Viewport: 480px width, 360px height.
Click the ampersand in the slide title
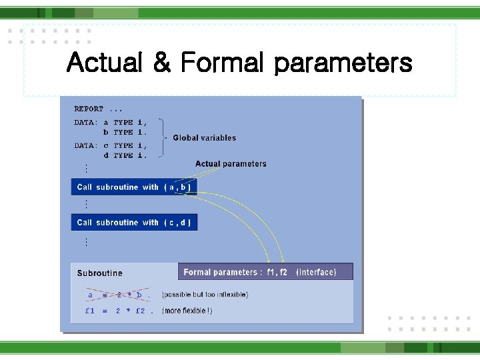click(x=161, y=63)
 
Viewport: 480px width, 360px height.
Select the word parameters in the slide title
click(x=343, y=63)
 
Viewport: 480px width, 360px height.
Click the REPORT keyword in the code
click(x=89, y=109)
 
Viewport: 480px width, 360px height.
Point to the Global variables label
click(x=204, y=138)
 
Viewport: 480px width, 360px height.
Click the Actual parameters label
click(x=231, y=164)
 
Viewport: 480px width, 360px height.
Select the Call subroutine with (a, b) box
click(x=134, y=187)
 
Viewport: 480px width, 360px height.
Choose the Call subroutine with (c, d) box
click(x=134, y=223)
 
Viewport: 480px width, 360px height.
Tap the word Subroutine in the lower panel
click(x=99, y=273)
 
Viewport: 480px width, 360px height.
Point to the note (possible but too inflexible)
click(x=205, y=295)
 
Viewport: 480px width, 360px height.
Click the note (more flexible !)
click(x=187, y=311)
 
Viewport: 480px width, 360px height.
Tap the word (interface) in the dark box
click(x=317, y=272)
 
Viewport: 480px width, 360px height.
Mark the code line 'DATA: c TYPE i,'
click(x=110, y=145)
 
